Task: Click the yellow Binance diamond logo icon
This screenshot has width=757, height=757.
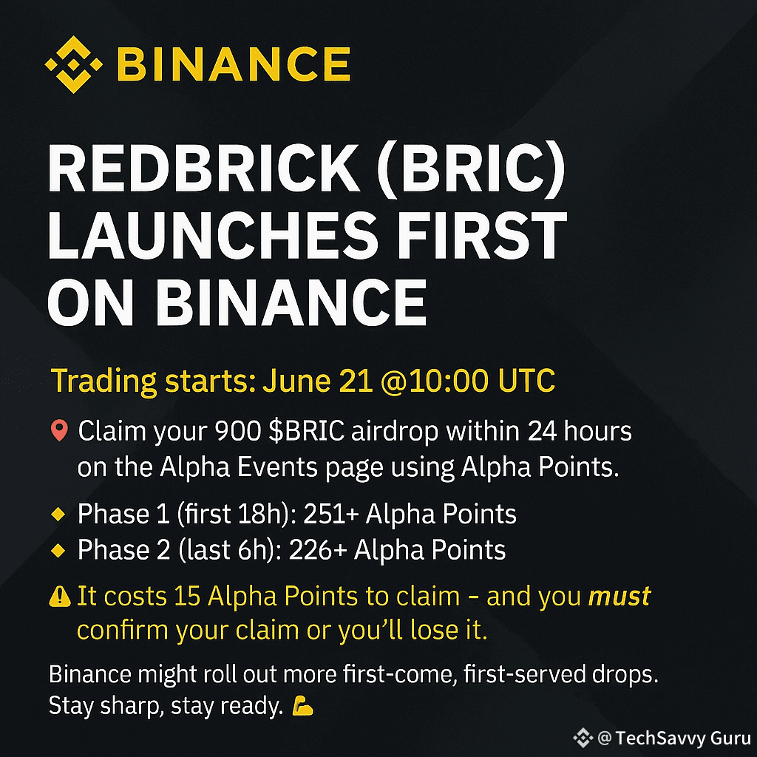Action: click(72, 65)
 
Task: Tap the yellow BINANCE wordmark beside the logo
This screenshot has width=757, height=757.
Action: click(233, 65)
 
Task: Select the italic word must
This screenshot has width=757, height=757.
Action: click(619, 597)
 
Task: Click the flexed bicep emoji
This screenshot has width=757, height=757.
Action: click(302, 707)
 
